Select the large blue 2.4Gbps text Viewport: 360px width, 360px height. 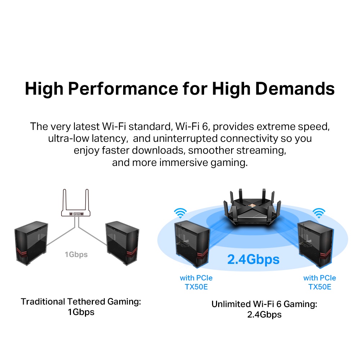[253, 259]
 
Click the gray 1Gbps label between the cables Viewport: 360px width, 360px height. [76, 255]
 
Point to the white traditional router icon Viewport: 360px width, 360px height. [76, 213]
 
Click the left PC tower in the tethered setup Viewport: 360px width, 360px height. [31, 243]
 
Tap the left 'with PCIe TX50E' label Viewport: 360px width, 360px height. [196, 282]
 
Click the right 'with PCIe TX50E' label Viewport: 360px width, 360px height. [320, 282]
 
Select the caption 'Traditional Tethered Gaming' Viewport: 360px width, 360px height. [81, 301]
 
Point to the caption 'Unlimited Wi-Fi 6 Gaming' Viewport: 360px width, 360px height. [264, 304]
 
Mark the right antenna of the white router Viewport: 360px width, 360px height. [87, 200]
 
